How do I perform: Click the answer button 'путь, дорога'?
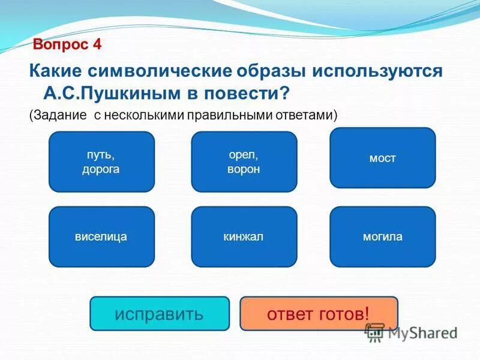101,162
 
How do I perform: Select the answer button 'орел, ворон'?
244,162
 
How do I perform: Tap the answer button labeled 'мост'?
382,158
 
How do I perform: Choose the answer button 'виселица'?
101,236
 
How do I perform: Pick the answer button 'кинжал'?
244,236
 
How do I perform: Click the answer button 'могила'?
382,236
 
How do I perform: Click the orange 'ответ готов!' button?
319,313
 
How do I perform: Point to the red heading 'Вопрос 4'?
67,44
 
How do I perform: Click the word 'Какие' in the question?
55,71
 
